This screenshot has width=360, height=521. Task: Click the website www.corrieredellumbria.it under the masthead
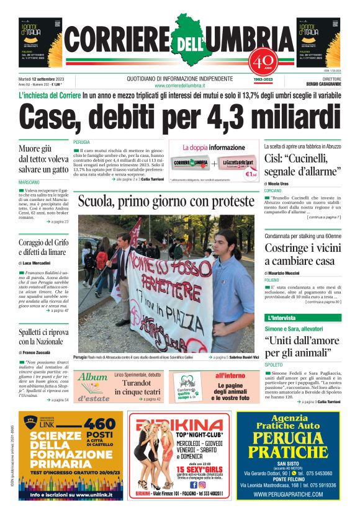click(x=179, y=86)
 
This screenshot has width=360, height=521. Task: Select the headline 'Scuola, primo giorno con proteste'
click(x=166, y=202)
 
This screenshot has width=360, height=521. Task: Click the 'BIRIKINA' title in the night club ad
click(x=179, y=425)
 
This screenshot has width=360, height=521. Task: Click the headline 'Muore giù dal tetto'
click(x=43, y=159)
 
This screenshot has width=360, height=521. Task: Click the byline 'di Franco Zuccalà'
click(x=37, y=352)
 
